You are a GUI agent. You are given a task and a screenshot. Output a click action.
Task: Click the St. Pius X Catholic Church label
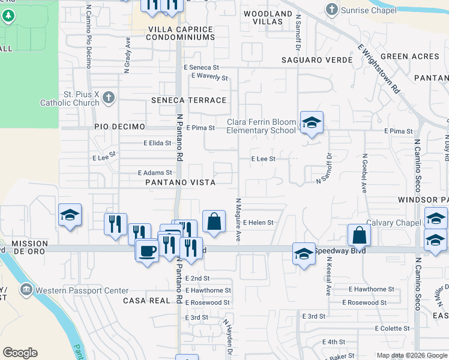69,98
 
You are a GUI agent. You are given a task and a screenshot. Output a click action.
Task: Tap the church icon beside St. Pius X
109,98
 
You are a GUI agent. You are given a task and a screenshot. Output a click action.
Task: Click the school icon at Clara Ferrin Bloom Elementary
312,123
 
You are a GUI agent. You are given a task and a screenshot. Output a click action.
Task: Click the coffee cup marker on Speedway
146,250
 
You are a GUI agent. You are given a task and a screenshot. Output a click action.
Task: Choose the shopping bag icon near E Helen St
214,221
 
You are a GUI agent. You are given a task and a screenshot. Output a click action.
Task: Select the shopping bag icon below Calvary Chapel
358,235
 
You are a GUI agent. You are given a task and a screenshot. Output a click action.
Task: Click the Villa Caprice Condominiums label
181,33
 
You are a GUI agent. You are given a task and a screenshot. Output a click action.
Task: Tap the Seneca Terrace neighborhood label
189,100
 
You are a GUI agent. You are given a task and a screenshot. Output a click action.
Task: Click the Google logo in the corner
20,353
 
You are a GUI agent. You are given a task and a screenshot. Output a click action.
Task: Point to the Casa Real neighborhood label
146,300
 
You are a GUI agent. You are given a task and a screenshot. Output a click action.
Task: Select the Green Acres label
409,56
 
